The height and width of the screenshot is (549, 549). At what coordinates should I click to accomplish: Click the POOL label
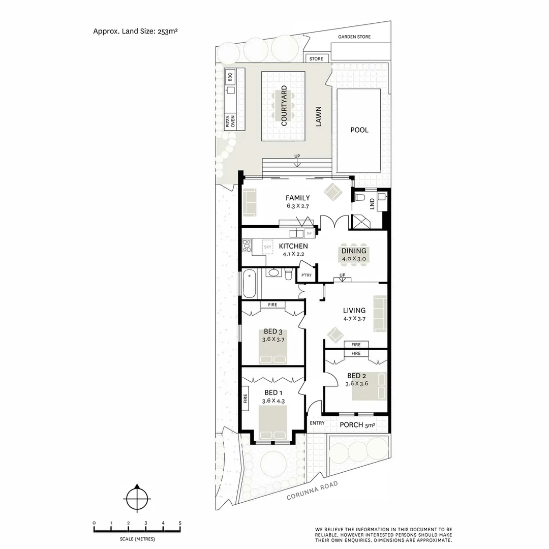359,130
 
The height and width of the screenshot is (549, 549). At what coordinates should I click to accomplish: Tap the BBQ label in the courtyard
230,77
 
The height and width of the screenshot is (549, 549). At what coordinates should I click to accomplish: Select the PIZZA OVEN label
230,121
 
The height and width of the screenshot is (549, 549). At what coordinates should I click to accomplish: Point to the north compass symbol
137,498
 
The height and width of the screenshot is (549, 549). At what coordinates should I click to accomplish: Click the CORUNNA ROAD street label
312,491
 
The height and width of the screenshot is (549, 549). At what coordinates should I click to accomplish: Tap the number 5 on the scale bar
180,523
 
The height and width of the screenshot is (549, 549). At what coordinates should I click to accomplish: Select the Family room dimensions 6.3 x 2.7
297,206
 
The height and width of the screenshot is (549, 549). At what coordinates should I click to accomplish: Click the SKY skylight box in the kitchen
268,247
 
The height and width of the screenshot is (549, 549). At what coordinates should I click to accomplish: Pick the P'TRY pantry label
306,275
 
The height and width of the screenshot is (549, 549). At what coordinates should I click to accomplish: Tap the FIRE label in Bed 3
272,305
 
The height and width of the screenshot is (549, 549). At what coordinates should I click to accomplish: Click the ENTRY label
317,423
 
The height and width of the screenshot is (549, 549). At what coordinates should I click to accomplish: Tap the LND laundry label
372,204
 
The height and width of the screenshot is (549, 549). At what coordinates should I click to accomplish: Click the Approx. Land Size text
135,31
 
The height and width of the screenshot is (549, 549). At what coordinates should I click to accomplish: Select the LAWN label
319,119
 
